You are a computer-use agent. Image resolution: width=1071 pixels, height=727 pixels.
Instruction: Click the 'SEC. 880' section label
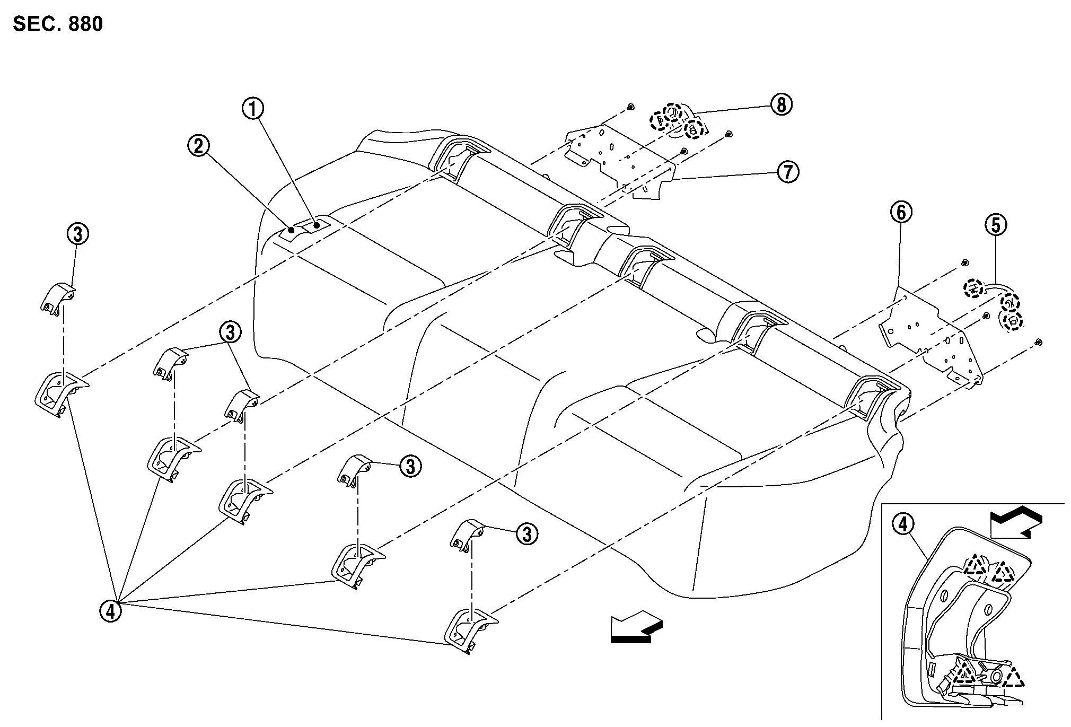[58, 24]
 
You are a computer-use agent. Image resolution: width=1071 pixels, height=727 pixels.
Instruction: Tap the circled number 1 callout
[253, 109]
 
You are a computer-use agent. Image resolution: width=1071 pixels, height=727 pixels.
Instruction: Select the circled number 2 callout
[198, 145]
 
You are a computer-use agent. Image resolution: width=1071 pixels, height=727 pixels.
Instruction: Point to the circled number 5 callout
[996, 225]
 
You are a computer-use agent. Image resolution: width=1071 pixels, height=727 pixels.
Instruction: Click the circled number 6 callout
[901, 212]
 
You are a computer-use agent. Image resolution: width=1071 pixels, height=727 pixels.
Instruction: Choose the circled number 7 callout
[788, 172]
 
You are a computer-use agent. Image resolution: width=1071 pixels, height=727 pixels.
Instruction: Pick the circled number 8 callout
[781, 104]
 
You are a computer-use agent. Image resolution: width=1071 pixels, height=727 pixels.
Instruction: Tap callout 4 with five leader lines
[110, 611]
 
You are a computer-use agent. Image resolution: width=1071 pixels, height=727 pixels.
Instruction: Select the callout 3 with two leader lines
[230, 332]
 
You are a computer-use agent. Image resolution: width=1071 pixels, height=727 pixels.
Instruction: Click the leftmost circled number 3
[77, 233]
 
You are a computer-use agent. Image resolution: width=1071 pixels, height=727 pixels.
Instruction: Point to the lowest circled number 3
[526, 534]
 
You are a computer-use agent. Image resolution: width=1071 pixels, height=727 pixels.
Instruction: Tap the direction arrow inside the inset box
[1015, 522]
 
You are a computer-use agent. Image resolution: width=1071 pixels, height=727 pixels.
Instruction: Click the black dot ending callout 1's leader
[317, 225]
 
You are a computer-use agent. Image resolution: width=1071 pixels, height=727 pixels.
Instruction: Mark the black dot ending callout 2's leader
[291, 230]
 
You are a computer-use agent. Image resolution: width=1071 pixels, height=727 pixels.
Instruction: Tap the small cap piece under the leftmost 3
[57, 299]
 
